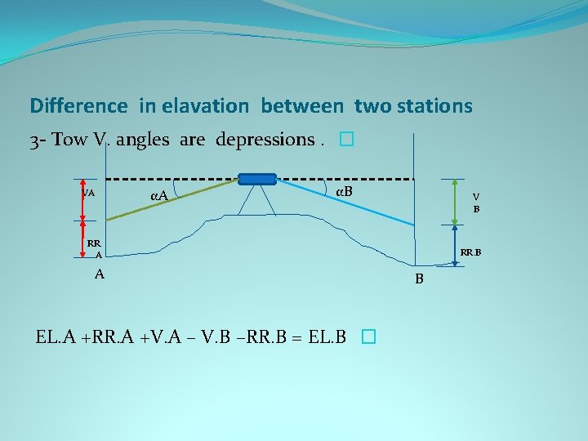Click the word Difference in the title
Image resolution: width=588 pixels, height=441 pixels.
[x=78, y=106]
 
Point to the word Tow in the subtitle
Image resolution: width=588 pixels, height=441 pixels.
[x=69, y=140]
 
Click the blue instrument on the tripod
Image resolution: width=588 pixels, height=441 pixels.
[x=257, y=179]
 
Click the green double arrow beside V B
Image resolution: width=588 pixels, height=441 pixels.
[x=455, y=201]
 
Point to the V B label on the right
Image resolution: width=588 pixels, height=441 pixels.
[x=476, y=203]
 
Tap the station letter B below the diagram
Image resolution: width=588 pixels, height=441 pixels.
[x=419, y=279]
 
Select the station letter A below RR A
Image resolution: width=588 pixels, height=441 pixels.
[x=100, y=274]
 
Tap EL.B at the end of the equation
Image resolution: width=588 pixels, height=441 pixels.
[x=328, y=336]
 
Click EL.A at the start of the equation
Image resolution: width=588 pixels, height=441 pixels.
[x=54, y=336]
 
